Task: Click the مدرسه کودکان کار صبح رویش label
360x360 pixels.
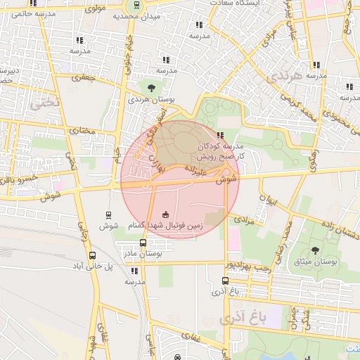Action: coord(242,148)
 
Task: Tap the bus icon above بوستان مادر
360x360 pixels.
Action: coord(134,243)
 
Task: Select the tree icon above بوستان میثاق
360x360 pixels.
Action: coord(314,250)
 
